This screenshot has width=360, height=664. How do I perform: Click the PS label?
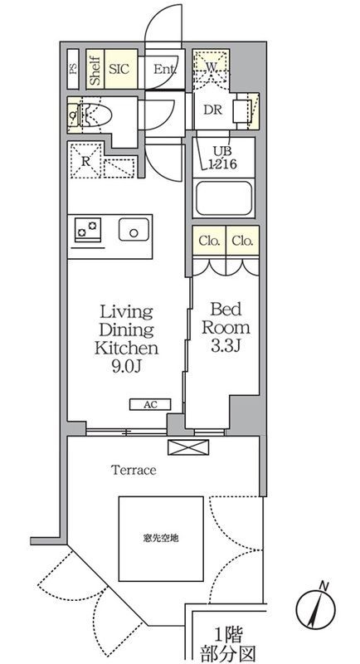point(73,69)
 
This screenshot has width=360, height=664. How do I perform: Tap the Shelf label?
point(95,69)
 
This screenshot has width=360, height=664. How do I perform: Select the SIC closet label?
point(119,69)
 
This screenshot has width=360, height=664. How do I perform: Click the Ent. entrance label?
point(164,70)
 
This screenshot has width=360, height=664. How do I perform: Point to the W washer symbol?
point(211,66)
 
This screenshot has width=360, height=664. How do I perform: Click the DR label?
point(213,110)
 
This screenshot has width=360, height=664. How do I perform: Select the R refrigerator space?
point(85,161)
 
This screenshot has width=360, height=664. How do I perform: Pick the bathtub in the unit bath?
point(224,198)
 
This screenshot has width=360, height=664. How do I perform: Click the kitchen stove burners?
point(88,230)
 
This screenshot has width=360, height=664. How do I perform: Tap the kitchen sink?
point(134,230)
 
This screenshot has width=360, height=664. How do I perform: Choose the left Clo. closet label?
point(209,241)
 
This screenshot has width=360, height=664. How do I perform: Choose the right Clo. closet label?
point(242,241)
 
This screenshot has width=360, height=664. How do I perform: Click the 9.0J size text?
point(126,366)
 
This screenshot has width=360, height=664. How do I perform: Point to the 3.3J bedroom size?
point(226,346)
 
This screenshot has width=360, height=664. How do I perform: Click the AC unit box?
point(150,405)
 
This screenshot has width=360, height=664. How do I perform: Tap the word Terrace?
point(134,470)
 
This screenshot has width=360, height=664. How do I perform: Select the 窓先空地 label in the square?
point(160,538)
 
